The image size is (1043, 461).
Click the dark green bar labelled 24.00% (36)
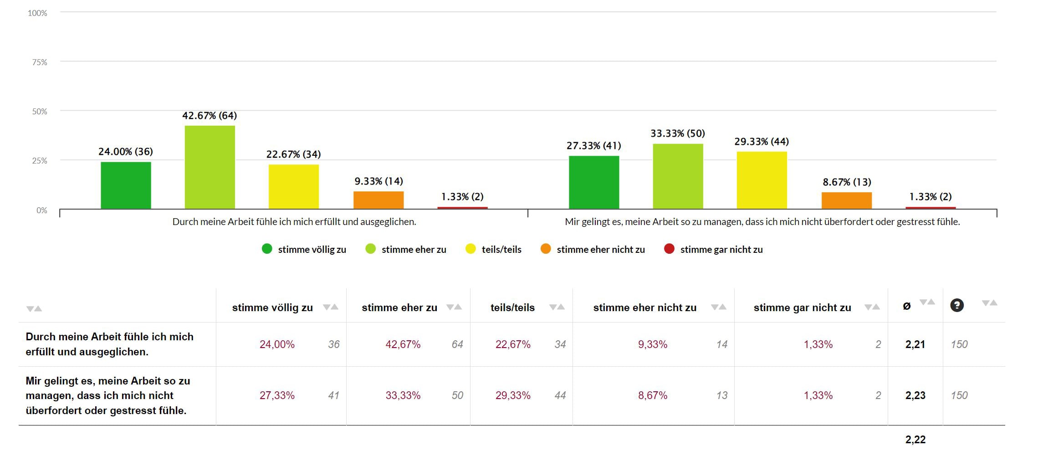pos(126,185)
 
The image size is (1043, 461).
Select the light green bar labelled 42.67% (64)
pos(210,167)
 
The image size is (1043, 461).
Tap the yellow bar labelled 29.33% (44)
pos(762,180)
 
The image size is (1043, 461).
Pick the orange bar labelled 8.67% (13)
pos(846,200)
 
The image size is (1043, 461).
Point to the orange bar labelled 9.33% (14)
pos(378,200)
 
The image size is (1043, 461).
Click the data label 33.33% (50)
pos(677,133)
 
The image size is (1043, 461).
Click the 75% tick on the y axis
pos(40,62)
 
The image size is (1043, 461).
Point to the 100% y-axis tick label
pos(37,13)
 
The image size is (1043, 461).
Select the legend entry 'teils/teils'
pos(501,250)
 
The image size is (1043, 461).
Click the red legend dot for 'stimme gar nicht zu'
pos(669,249)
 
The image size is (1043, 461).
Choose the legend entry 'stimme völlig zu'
pos(312,250)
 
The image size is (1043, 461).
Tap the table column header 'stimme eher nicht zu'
pos(644,308)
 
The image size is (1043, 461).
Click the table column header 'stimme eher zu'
pos(399,308)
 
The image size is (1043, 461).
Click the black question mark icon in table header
pos(956,305)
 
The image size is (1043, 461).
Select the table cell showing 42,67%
pos(403,344)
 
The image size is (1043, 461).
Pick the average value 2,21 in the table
pos(915,344)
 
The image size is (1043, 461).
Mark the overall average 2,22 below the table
pos(915,440)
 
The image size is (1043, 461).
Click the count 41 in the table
pos(333,395)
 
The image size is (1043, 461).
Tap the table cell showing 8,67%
pos(652,395)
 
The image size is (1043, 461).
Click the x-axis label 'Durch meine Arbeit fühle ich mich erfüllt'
pos(294,222)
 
